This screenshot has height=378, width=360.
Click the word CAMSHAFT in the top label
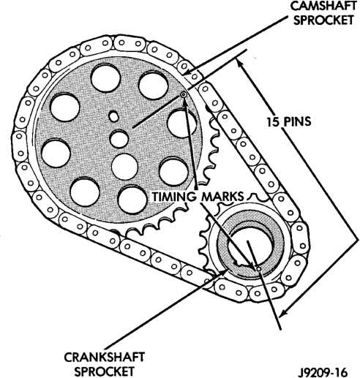pos(323,6)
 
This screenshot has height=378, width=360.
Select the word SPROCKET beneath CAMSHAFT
pos(323,20)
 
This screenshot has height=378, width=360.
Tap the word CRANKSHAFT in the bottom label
pos(105,358)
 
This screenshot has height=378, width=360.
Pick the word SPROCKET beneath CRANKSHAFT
pos(105,371)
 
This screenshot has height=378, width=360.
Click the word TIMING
pos(174,197)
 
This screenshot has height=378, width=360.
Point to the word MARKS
pos(222,197)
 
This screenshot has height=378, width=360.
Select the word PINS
pos(297,121)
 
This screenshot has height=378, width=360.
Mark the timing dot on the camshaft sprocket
pos(183,95)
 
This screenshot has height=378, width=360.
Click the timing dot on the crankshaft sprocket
pos(258,268)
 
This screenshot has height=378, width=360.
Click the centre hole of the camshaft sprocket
pos(119,139)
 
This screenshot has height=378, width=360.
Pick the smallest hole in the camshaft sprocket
pos(113,116)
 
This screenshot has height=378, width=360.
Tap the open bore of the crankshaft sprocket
pos(251,246)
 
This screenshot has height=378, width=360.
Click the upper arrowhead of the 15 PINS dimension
pos(240,64)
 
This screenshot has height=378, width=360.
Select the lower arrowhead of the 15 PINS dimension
pos(284,313)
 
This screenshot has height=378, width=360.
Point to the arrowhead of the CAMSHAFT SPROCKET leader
pos(187,72)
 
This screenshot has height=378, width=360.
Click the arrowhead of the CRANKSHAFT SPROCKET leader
pos(225,273)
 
